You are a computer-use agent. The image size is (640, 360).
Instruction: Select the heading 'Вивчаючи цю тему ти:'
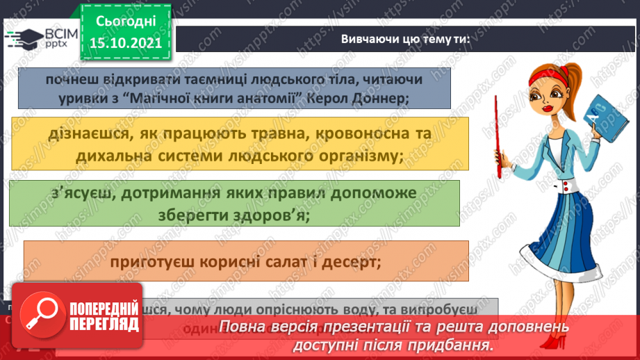(x=405, y=40)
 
